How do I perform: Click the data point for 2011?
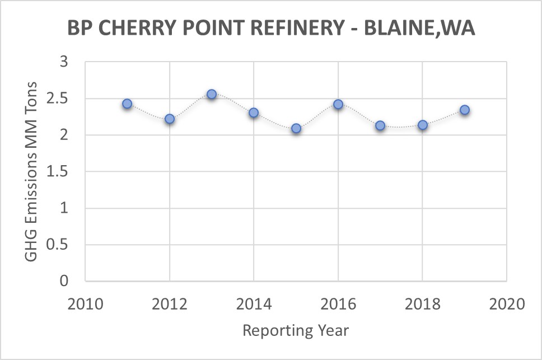(127, 104)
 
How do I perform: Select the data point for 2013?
(212, 94)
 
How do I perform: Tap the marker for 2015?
(296, 128)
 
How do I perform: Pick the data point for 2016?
(338, 104)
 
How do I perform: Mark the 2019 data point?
(465, 110)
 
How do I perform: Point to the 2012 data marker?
(170, 119)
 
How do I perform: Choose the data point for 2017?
(380, 125)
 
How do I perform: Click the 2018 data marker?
(423, 125)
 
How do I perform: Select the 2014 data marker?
(254, 113)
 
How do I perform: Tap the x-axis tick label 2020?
(506, 305)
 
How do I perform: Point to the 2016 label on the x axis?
(338, 305)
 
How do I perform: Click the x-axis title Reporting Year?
(296, 331)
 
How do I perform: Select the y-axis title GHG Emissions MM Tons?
(32, 171)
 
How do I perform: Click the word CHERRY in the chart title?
(134, 28)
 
